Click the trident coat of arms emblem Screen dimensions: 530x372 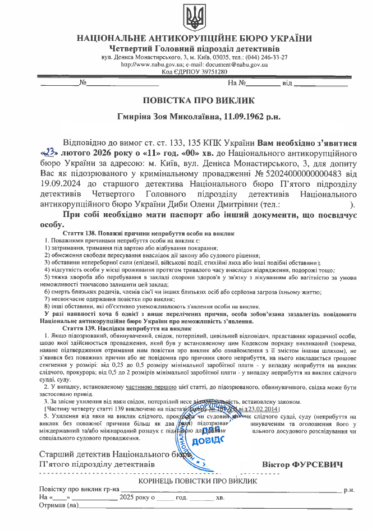point(194,18)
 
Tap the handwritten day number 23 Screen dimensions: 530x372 point(49,151)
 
